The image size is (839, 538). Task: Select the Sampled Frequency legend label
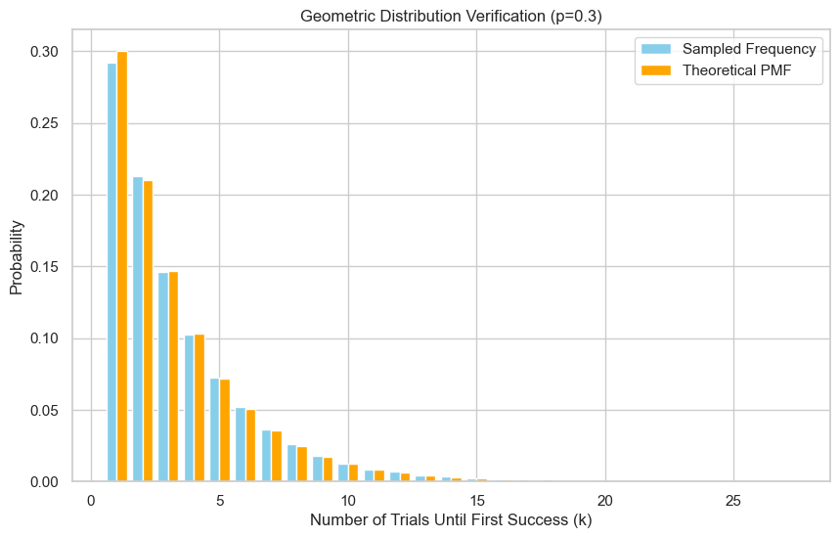click(x=749, y=49)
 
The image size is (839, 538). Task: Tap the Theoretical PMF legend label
click(x=737, y=70)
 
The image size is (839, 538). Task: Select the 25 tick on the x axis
click(x=734, y=500)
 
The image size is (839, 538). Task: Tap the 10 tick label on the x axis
click(x=348, y=500)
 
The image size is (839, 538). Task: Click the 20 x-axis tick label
click(x=605, y=500)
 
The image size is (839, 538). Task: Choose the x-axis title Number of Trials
click(x=451, y=520)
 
